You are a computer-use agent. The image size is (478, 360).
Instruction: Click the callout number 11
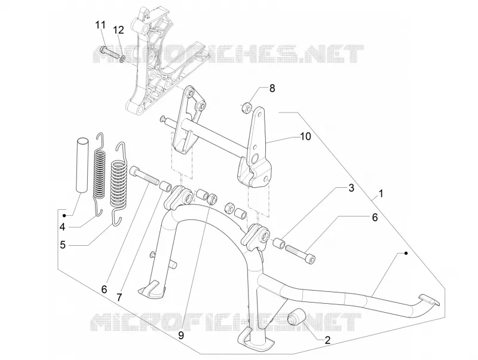tap(100, 25)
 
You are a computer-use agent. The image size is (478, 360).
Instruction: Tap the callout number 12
tap(118, 30)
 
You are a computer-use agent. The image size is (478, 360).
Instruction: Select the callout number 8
tap(272, 88)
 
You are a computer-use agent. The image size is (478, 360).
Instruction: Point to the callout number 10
tap(305, 136)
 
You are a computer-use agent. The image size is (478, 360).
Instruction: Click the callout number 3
tap(351, 188)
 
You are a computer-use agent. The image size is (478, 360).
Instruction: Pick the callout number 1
tap(381, 193)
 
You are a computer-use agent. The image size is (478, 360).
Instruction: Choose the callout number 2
tap(327, 340)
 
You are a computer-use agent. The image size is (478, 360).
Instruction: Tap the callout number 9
tap(181, 335)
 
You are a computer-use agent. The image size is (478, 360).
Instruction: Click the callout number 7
tap(119, 297)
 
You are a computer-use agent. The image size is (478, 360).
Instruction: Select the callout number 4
tap(63, 227)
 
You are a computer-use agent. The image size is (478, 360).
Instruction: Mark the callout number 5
tap(63, 245)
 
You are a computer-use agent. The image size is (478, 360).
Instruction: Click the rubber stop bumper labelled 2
tap(296, 318)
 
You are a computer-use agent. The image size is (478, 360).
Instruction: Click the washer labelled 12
tap(122, 58)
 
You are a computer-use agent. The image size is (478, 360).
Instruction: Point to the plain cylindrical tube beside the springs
tap(82, 166)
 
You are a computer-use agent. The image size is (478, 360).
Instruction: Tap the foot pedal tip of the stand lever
tap(429, 299)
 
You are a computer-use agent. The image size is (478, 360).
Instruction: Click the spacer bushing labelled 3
tap(279, 243)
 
